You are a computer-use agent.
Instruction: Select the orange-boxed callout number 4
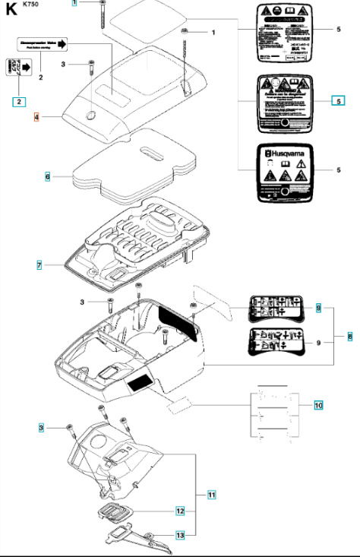coord(36,118)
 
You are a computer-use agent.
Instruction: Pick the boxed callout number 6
coord(47,176)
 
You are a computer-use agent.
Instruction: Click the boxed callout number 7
coord(38,265)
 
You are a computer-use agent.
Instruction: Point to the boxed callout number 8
coord(350,335)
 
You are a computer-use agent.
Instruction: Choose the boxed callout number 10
coord(318,405)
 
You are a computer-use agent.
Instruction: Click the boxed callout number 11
coord(212,495)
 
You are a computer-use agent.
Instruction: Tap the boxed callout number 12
coord(181,511)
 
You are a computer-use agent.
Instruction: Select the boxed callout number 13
coord(181,536)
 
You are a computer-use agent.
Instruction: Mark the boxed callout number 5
coord(338,100)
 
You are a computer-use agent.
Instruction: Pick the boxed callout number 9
coord(319,308)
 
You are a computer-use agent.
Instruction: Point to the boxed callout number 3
coord(43,429)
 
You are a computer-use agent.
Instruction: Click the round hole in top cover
coord(91,116)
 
